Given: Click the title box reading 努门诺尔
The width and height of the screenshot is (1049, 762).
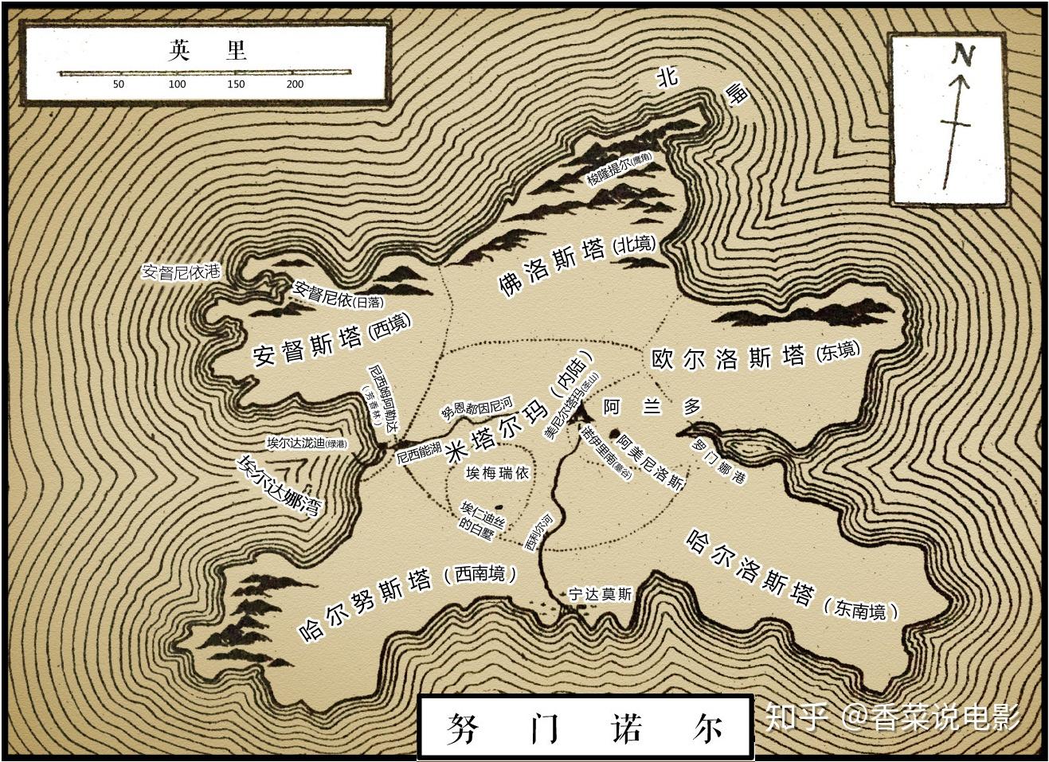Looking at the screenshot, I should click(585, 727).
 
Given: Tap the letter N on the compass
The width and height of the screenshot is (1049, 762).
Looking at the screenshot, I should click(964, 54).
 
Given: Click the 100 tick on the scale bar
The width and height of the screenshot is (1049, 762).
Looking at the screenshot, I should click(177, 84).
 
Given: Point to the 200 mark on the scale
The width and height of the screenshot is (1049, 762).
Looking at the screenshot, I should click(295, 84).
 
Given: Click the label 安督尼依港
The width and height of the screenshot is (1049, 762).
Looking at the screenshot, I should click(180, 272).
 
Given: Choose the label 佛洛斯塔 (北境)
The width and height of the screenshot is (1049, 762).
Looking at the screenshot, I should click(577, 264).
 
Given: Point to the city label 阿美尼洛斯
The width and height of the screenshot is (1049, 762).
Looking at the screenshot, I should click(651, 461).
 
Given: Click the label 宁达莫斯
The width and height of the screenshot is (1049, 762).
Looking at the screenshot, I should click(600, 594).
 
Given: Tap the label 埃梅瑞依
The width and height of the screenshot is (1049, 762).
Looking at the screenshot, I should click(497, 473).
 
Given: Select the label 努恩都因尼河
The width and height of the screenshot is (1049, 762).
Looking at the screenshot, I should click(477, 408).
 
